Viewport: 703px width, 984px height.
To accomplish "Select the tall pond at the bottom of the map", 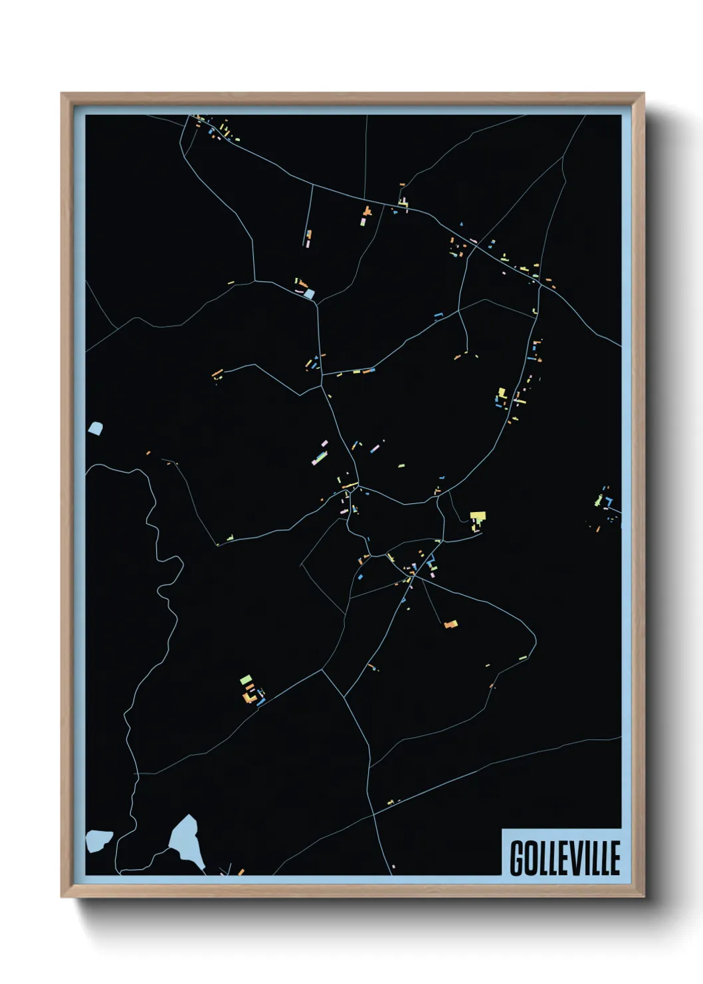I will tap(186, 841).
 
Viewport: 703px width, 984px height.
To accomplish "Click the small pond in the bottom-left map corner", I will tap(98, 840).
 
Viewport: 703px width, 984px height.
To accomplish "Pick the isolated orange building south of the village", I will tap(451, 624).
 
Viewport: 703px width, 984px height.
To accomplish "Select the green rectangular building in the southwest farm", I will tap(246, 679).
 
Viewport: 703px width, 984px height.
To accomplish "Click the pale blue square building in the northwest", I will tap(309, 293).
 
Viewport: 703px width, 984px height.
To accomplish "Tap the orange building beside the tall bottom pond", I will tap(241, 871).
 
